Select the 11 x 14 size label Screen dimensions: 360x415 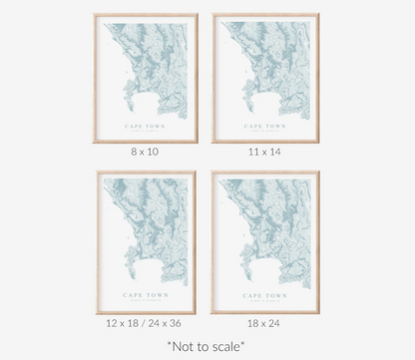tap(264, 152)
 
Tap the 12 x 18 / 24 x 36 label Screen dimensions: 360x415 tap(146, 324)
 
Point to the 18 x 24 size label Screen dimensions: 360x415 tap(264, 324)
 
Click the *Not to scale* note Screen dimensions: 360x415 tap(207, 346)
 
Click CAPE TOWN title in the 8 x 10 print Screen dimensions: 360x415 tap(146, 126)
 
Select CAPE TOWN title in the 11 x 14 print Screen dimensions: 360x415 tap(264, 126)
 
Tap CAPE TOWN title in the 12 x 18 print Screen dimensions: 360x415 tap(146, 295)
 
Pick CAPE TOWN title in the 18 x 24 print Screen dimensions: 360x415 tap(264, 295)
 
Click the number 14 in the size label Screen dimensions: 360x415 tap(274, 152)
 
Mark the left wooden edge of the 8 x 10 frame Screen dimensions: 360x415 tap(96, 78)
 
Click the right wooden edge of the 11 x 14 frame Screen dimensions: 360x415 tap(317, 78)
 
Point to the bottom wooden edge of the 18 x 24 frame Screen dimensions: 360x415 tap(264, 312)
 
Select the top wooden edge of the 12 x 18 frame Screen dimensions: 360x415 tap(146, 173)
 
